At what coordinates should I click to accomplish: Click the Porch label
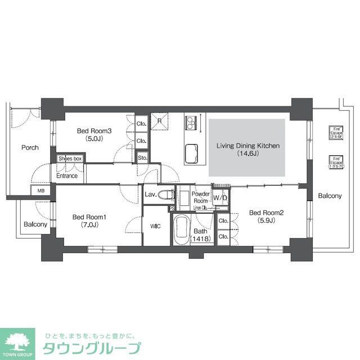[30, 148]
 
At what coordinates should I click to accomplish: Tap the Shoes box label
[70, 159]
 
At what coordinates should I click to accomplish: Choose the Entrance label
[66, 176]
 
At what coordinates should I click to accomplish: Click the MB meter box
[40, 191]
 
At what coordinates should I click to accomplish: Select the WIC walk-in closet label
[156, 227]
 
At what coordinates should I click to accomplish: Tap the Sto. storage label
[142, 158]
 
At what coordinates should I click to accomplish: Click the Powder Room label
[201, 197]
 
